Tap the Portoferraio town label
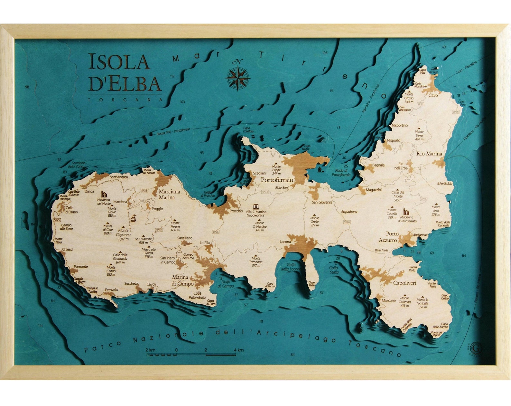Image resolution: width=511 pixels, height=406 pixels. pyautogui.click(x=277, y=180)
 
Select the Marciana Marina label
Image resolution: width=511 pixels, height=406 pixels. pyautogui.click(x=169, y=194)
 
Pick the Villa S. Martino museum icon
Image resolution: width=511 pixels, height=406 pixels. pyautogui.click(x=256, y=207)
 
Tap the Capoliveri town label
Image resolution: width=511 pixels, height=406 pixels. pyautogui.click(x=404, y=283)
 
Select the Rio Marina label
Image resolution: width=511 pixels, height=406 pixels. pyautogui.click(x=429, y=154)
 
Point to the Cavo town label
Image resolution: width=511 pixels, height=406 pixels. pyautogui.click(x=433, y=95)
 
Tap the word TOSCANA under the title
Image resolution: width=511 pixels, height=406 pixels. pyautogui.click(x=125, y=100)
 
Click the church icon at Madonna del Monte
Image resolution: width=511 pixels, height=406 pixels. pyautogui.click(x=104, y=194)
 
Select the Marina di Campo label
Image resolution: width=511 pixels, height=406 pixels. pyautogui.click(x=183, y=280)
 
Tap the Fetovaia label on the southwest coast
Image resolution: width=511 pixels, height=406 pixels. pyautogui.click(x=111, y=290)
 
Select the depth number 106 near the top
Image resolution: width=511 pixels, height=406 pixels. pyautogui.click(x=325, y=52)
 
